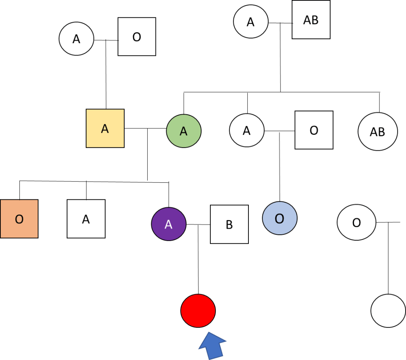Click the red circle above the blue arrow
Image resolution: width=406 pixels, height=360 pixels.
[198, 310]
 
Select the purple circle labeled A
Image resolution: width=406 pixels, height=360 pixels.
[169, 224]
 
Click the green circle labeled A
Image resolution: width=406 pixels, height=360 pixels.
[184, 130]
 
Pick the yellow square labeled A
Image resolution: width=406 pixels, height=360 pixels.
[105, 128]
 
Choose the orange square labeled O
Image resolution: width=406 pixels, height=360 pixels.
[19, 219]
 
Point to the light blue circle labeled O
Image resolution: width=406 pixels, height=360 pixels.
[280, 218]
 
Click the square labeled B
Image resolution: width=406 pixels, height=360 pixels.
[229, 224]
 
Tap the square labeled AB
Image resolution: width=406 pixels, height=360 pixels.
[311, 20]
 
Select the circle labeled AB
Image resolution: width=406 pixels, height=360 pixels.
[377, 132]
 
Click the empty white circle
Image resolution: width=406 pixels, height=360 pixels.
[388, 310]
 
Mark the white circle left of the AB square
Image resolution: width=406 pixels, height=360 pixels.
[251, 21]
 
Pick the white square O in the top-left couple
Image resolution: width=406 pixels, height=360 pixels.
[137, 37]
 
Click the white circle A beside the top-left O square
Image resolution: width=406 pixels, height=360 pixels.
[76, 39]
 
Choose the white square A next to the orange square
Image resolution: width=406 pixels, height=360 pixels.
[86, 219]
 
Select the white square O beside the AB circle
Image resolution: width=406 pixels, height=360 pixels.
[314, 130]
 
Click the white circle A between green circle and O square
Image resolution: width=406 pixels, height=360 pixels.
[247, 130]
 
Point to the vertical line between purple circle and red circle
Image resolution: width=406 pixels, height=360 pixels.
[198, 262]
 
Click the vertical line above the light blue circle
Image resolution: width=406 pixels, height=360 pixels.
[280, 167]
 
